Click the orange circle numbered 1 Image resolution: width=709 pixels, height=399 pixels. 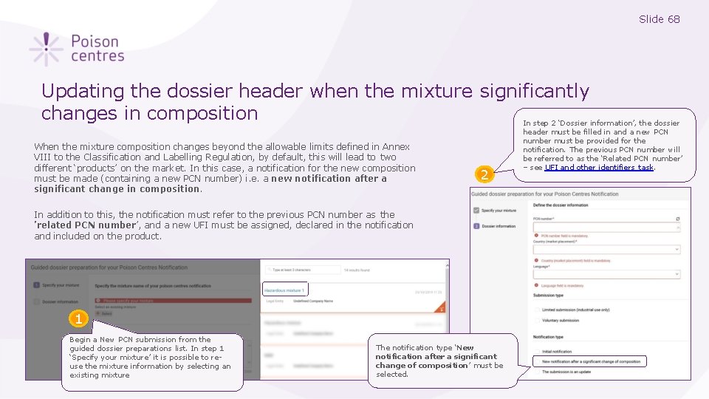[x=78, y=318]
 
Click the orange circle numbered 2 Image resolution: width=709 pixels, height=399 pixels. [x=484, y=174]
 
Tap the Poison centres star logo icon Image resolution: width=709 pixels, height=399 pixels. [x=46, y=49]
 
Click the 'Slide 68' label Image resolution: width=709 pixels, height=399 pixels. [x=659, y=19]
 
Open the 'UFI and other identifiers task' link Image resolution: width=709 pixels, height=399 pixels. [x=598, y=168]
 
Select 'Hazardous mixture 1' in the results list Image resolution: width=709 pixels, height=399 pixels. [x=284, y=290]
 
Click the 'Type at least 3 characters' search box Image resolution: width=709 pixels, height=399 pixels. [x=303, y=270]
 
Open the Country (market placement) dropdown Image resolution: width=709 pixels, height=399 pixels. [x=606, y=250]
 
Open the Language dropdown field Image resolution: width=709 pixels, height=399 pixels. [x=606, y=274]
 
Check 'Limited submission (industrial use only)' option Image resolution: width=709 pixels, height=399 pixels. [x=537, y=310]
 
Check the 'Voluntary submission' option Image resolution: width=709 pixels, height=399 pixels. [x=537, y=321]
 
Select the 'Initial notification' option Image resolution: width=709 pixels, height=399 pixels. [x=537, y=351]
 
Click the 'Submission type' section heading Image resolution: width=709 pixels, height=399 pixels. [x=549, y=296]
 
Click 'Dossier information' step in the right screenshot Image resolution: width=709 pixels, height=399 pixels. [x=499, y=226]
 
